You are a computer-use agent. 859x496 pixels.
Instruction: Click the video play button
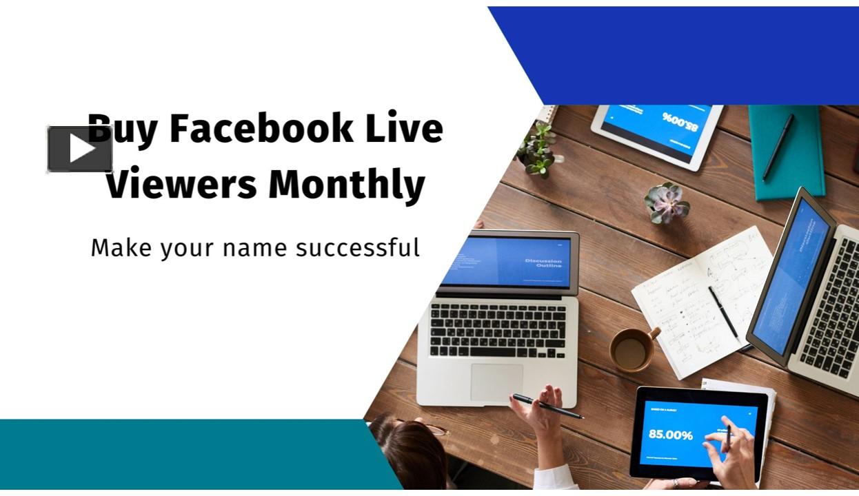(x=80, y=149)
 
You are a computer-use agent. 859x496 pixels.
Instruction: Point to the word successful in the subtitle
(x=358, y=247)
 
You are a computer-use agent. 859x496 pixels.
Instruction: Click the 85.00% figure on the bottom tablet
(x=670, y=435)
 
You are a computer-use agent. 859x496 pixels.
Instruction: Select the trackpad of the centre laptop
(x=496, y=382)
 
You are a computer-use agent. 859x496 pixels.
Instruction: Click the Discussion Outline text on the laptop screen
(x=543, y=263)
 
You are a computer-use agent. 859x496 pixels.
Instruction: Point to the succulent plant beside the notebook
(x=666, y=201)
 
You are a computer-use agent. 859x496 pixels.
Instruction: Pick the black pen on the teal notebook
(x=778, y=147)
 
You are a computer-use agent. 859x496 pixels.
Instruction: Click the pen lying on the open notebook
(x=724, y=313)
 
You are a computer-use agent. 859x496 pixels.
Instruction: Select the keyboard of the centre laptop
(x=498, y=330)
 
